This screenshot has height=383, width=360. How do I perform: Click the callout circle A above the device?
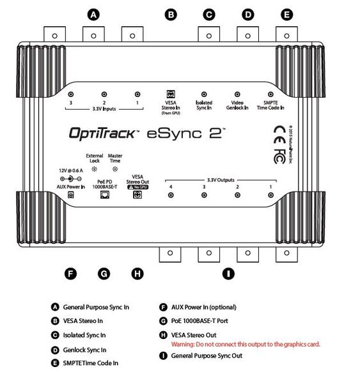point(95,13)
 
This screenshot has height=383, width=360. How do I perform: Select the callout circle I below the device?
point(228,274)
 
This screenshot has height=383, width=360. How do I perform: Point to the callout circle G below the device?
point(103,274)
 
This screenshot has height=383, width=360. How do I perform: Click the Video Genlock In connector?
point(237,93)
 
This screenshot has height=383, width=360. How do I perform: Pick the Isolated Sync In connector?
point(204,93)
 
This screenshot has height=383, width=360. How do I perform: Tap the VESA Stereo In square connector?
point(171,93)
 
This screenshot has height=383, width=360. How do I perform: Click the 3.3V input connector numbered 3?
point(71,93)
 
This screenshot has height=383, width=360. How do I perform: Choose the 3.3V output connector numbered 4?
point(171,195)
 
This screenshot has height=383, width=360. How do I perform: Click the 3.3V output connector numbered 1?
point(270,195)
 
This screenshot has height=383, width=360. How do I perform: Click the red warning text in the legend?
point(246,344)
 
